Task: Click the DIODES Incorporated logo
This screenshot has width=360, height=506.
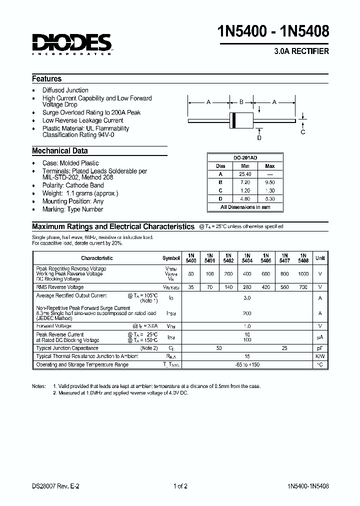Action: (71, 44)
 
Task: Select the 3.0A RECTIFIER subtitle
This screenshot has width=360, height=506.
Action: (301, 52)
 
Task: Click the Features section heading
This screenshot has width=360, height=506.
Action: (47, 79)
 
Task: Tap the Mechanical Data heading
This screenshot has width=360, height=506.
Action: (60, 151)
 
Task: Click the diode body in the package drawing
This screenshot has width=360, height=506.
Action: (241, 120)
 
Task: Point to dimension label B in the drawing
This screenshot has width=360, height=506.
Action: (241, 102)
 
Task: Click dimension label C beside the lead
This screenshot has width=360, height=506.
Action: (303, 132)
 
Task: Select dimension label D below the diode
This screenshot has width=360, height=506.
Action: (259, 138)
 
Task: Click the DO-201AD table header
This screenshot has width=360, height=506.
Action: (245, 157)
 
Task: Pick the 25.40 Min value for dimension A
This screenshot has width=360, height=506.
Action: (245, 174)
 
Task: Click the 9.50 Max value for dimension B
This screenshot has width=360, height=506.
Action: (269, 182)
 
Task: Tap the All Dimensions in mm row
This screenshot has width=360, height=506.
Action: (245, 207)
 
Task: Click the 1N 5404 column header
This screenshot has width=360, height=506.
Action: (247, 258)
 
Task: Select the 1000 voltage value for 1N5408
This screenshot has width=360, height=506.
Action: (303, 274)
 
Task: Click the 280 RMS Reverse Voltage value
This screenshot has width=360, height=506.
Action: (247, 287)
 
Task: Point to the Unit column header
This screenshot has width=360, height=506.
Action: (320, 258)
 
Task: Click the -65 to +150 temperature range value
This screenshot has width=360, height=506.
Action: (247, 365)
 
